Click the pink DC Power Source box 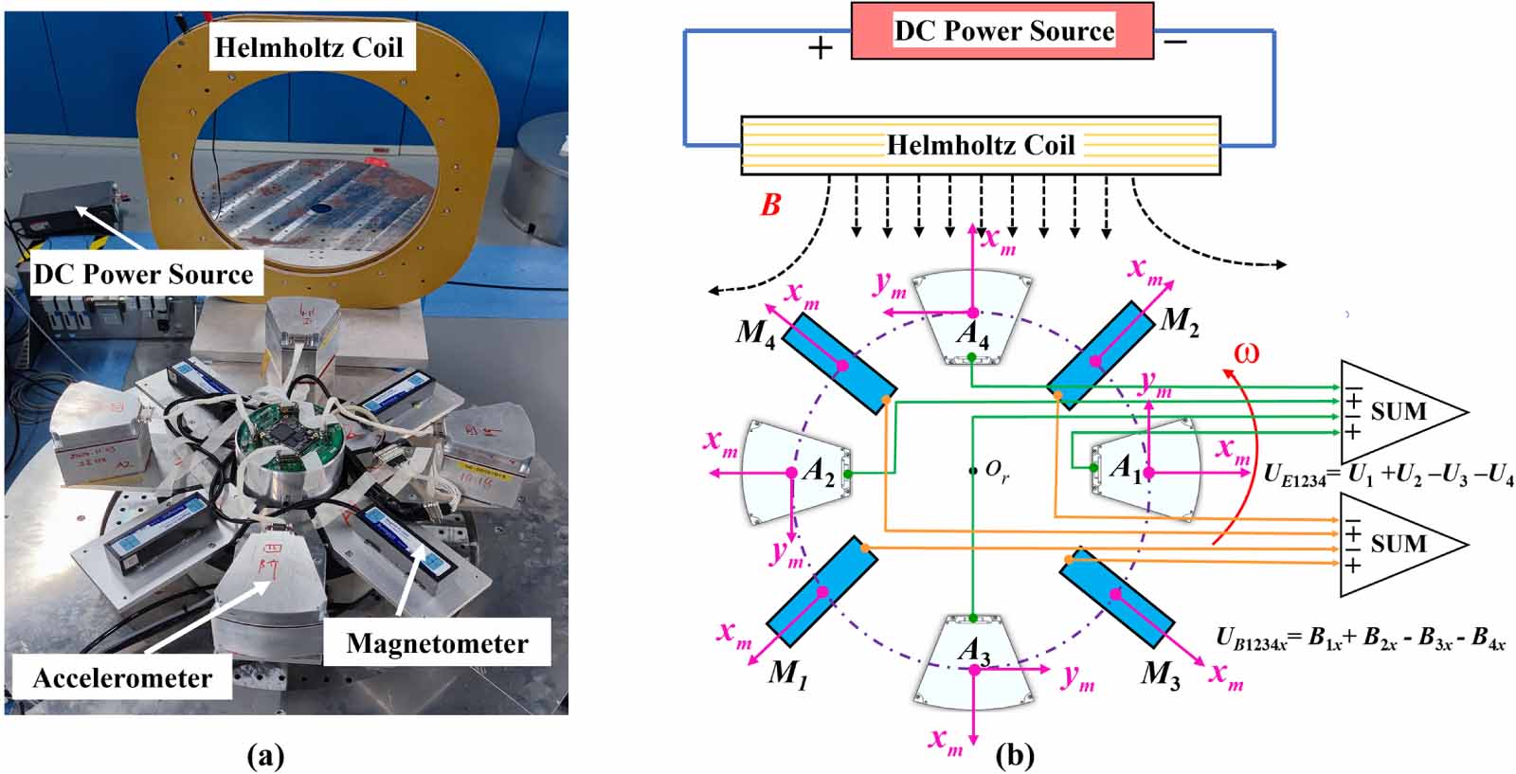[1002, 31]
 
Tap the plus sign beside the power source [821, 46]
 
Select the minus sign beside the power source [1175, 43]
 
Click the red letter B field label [771, 205]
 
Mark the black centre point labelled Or [973, 470]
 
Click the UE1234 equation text [1388, 477]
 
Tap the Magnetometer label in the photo [437, 643]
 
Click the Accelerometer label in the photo [122, 678]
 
